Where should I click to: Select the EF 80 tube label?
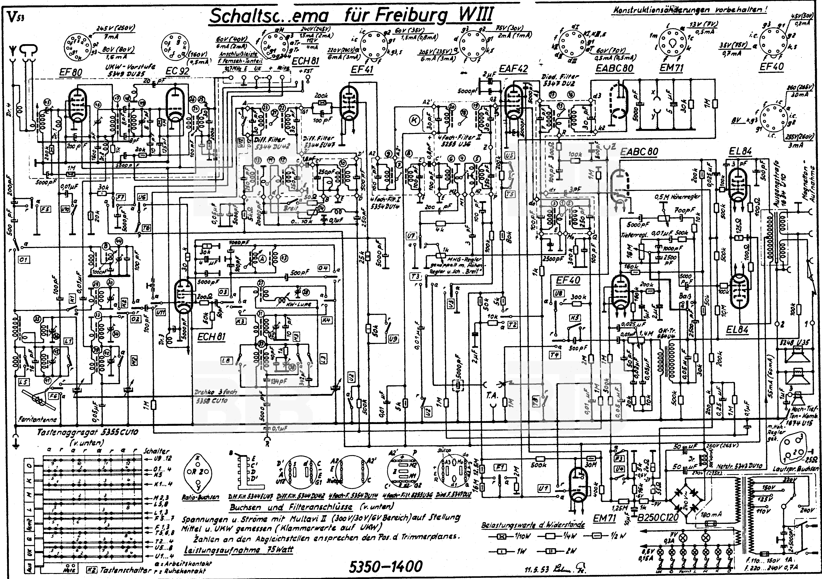coord(71,73)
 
